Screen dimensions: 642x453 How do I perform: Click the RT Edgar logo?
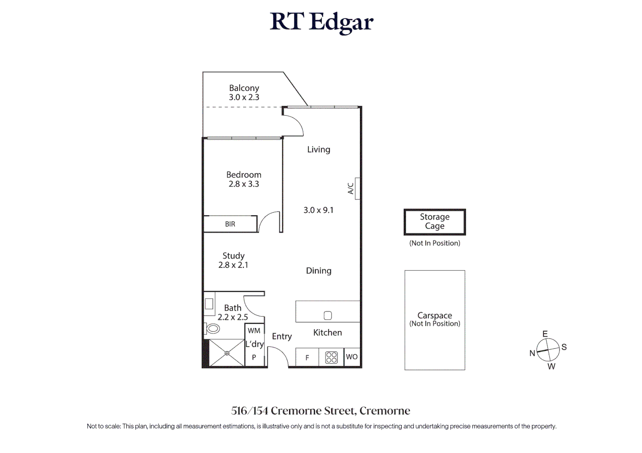point(321,23)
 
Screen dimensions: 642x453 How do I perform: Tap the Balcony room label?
point(244,88)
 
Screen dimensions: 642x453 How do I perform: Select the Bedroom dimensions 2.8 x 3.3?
point(244,184)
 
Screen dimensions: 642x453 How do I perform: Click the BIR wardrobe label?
point(230,224)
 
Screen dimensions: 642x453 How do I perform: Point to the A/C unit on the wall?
point(357,188)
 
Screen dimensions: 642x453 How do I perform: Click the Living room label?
point(319,149)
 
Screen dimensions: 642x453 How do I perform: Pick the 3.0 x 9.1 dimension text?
point(318,210)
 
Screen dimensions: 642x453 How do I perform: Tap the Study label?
point(233,256)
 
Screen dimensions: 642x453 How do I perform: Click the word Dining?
point(319,271)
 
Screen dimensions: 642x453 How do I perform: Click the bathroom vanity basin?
point(209,304)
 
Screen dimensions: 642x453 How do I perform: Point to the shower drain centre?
point(227,353)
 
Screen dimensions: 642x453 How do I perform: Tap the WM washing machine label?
point(254,331)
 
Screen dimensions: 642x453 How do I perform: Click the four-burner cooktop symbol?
point(331,358)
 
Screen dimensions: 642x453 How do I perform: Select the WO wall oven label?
point(352,357)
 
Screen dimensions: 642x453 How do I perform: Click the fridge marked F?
point(307,357)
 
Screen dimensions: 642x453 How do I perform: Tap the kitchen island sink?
point(328,315)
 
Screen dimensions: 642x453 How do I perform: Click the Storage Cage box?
point(435,222)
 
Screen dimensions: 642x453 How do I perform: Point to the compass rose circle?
point(548,350)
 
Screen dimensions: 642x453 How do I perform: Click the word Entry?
point(282,336)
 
